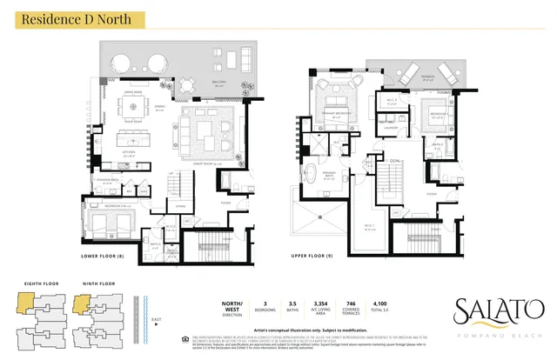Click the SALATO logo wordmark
tap(500, 309)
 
